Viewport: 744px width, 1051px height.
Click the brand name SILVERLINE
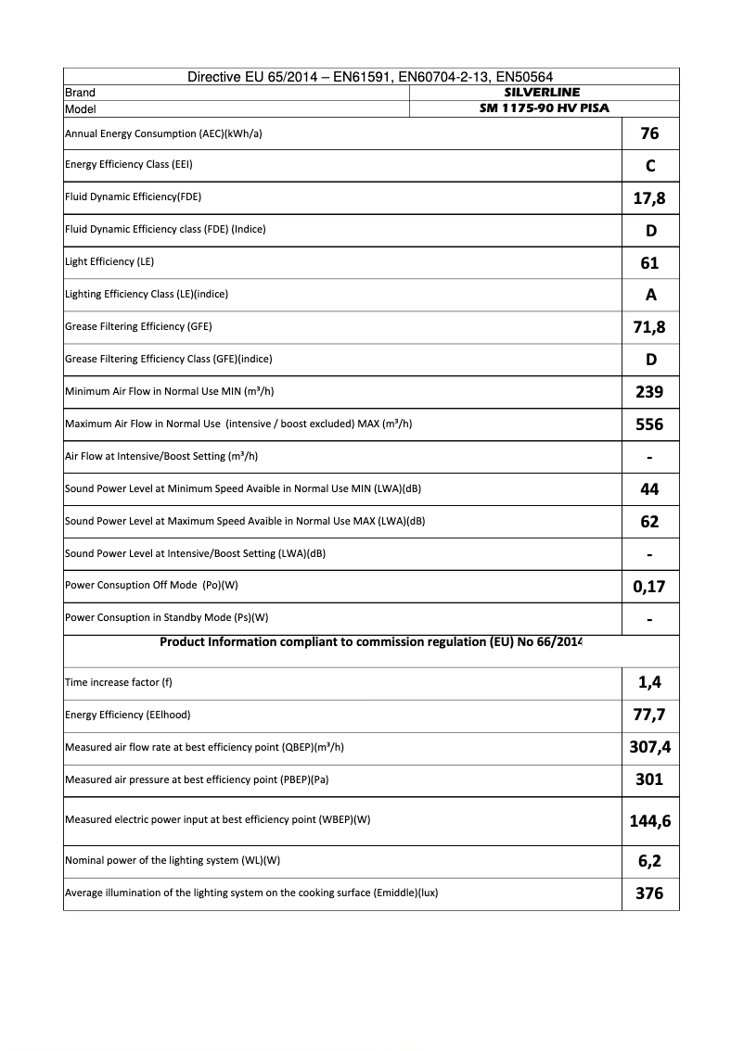tap(542, 93)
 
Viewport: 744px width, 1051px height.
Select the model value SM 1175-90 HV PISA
tap(542, 108)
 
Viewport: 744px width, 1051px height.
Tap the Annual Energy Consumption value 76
tap(649, 133)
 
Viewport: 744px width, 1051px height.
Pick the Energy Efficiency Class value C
tap(649, 166)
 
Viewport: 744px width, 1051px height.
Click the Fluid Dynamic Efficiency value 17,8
tap(649, 198)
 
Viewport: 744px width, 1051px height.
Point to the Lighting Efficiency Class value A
tap(649, 295)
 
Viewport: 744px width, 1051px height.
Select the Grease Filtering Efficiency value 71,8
tap(649, 327)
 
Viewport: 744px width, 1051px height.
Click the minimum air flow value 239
tap(649, 392)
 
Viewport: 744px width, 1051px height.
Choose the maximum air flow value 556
tap(649, 424)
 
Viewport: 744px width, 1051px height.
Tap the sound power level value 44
tap(649, 489)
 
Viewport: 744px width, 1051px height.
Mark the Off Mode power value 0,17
tap(649, 587)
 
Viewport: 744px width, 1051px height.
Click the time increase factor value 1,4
tap(649, 683)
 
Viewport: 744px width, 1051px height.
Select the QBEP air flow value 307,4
tap(649, 748)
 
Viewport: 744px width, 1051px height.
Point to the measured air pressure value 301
tap(649, 779)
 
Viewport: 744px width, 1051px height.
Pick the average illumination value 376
tap(649, 893)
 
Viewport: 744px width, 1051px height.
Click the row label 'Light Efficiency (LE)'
tap(109, 262)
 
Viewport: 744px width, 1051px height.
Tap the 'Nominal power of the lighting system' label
tap(173, 861)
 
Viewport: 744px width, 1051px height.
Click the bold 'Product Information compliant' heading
tap(371, 641)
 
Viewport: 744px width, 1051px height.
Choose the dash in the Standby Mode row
tap(649, 619)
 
